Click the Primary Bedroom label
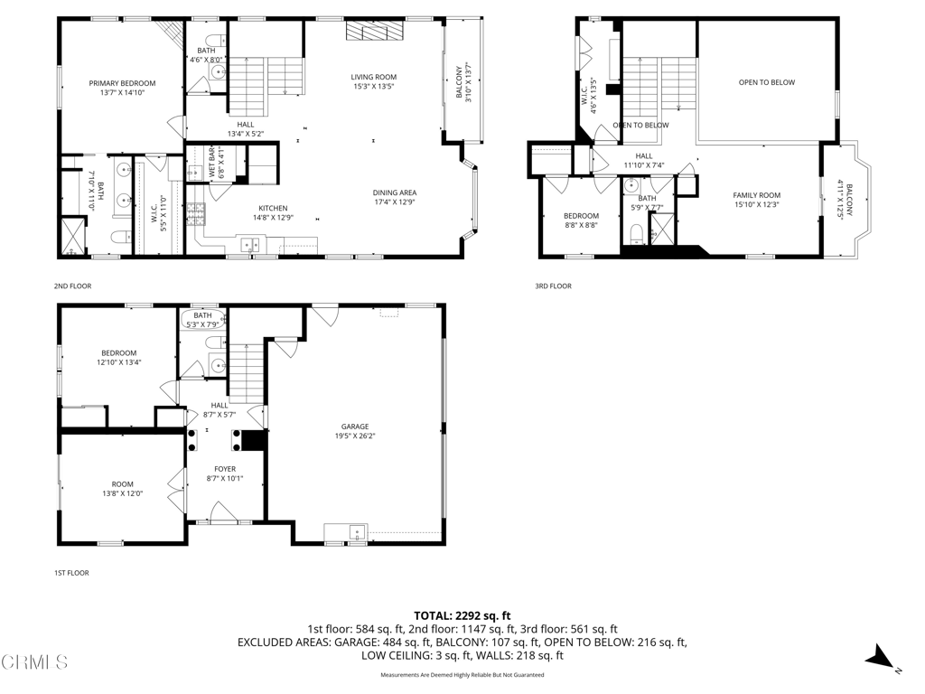[122, 83]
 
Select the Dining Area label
[395, 192]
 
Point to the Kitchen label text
[273, 209]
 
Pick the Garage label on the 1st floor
[354, 427]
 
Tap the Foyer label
[224, 468]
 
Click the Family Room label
[756, 195]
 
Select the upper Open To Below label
[766, 82]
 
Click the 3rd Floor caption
[553, 286]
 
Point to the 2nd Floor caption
[72, 286]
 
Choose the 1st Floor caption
[70, 573]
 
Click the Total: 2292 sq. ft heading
[462, 614]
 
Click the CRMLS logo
[34, 662]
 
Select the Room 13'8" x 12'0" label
[122, 488]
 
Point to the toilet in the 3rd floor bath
[636, 235]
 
